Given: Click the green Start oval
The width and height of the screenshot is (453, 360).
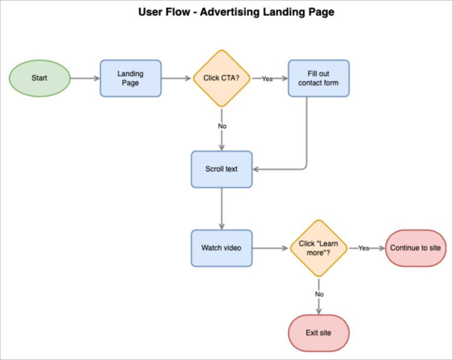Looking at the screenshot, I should (40, 78).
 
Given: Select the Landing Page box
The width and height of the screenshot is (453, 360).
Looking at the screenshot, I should (130, 78).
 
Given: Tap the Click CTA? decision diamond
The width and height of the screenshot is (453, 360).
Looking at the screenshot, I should (222, 78).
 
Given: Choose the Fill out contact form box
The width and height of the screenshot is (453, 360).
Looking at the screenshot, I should (319, 78).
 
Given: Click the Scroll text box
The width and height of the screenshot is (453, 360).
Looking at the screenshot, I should (222, 169).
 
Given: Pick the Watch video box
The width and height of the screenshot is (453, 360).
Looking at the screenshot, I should (222, 248).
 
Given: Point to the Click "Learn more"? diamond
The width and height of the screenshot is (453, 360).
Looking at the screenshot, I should (319, 248).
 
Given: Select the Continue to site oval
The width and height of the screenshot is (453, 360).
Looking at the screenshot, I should (415, 248).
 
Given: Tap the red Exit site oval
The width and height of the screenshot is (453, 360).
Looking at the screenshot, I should (319, 333).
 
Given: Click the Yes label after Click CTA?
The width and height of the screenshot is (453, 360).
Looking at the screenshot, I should (267, 78).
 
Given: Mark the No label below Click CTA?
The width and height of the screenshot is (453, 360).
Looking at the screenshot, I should (222, 126).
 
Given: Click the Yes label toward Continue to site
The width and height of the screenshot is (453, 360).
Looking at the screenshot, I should (363, 248).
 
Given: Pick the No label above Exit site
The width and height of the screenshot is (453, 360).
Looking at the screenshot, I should (319, 293).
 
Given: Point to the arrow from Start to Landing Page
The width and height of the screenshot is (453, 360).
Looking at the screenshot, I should (85, 78).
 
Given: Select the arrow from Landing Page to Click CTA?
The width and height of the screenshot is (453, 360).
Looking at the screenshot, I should (177, 78).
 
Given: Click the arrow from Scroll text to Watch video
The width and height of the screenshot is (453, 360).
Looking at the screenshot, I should (222, 208).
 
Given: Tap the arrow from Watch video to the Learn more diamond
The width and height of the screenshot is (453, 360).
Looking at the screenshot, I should (271, 248).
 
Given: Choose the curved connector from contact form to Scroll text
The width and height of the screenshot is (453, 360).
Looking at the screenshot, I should (307, 142).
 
